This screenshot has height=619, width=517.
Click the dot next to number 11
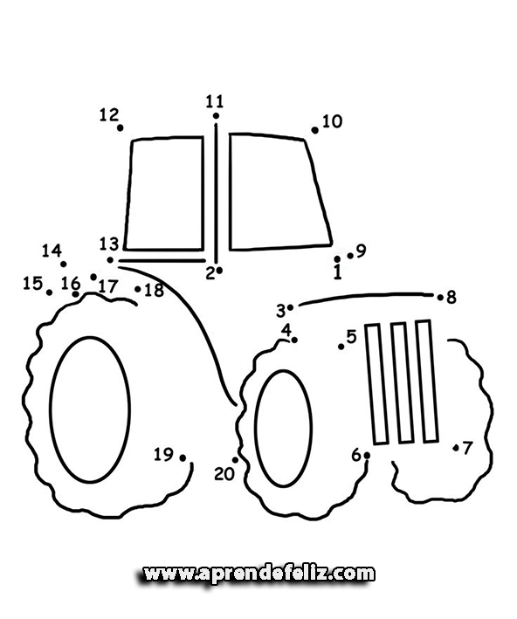point(216,115)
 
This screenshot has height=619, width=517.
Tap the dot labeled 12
point(120,128)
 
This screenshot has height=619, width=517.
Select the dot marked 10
point(314,130)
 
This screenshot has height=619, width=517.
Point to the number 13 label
point(109,244)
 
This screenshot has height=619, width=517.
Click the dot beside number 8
point(440,297)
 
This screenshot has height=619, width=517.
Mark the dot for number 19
point(183,458)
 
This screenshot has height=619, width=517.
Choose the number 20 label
point(224,474)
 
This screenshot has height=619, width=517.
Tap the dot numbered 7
point(456,448)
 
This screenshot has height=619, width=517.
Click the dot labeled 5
point(341,347)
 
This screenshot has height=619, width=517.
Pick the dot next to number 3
point(290,307)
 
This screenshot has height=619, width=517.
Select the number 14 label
point(52,251)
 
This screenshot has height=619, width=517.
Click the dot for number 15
point(50,292)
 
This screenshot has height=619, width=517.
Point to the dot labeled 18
point(137,289)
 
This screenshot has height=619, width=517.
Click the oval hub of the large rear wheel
point(90,409)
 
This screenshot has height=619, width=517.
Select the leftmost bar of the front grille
point(376,384)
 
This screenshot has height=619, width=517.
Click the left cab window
point(164,194)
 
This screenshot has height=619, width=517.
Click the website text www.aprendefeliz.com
point(258,574)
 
